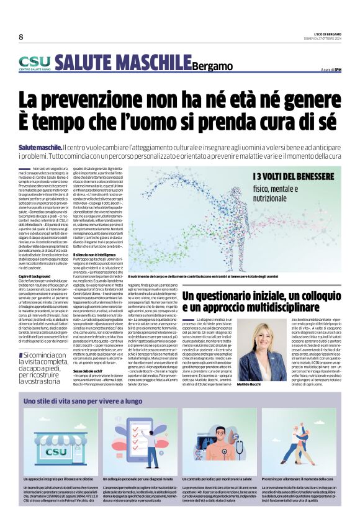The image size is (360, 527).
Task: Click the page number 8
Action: (x=20, y=37)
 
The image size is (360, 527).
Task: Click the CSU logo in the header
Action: (x=34, y=63)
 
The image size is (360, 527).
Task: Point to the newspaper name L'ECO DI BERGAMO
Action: (x=323, y=33)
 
